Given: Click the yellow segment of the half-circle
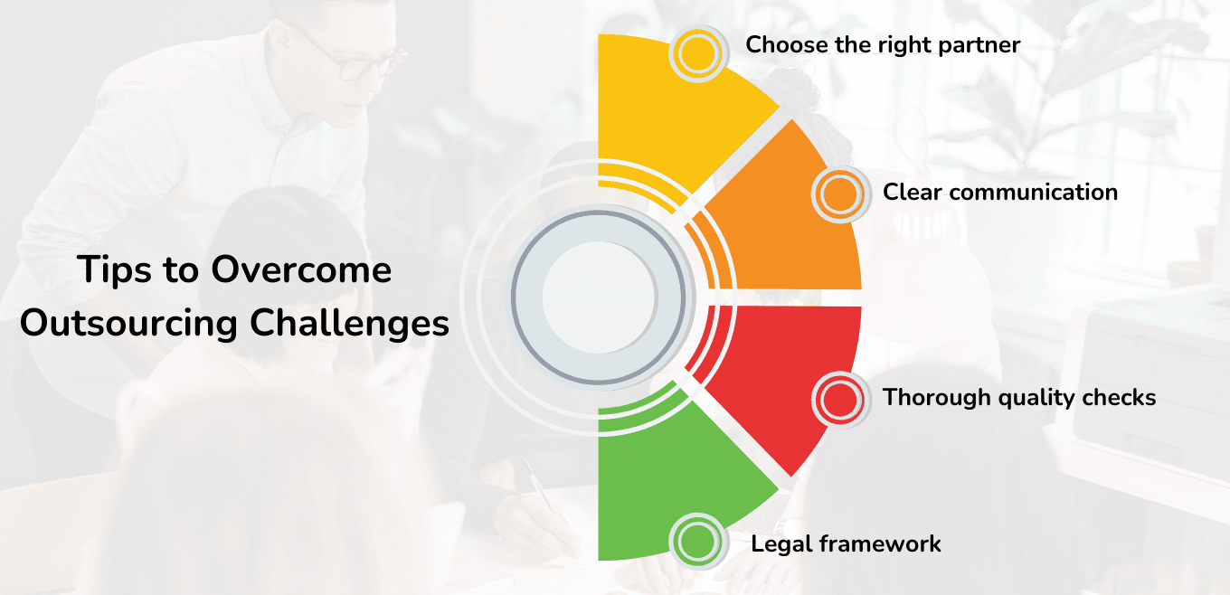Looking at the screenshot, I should pyautogui.click(x=669, y=118).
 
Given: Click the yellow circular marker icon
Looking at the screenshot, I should pyautogui.click(x=697, y=53).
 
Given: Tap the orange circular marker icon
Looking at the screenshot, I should pyautogui.click(x=840, y=193).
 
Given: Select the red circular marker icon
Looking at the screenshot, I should pyautogui.click(x=840, y=398).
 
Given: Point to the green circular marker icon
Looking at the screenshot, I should pyautogui.click(x=697, y=542).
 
